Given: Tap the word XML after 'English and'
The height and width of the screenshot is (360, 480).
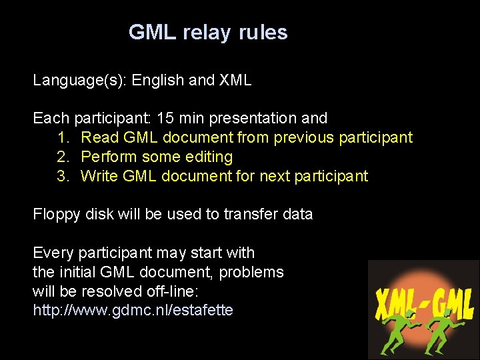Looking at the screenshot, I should (235, 81).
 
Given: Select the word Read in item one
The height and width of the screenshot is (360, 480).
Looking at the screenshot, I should (99, 138).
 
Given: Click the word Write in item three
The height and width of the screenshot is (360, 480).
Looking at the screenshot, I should (99, 177).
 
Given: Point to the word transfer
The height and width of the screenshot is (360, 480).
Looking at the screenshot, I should (247, 215).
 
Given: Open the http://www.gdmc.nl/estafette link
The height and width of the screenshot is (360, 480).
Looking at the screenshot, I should (133, 311).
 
